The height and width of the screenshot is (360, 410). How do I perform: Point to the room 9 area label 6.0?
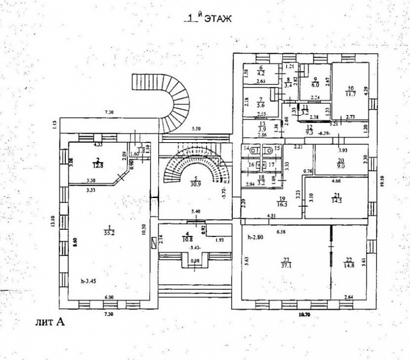click(315, 85)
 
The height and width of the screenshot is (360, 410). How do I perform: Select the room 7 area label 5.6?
click(261, 104)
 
